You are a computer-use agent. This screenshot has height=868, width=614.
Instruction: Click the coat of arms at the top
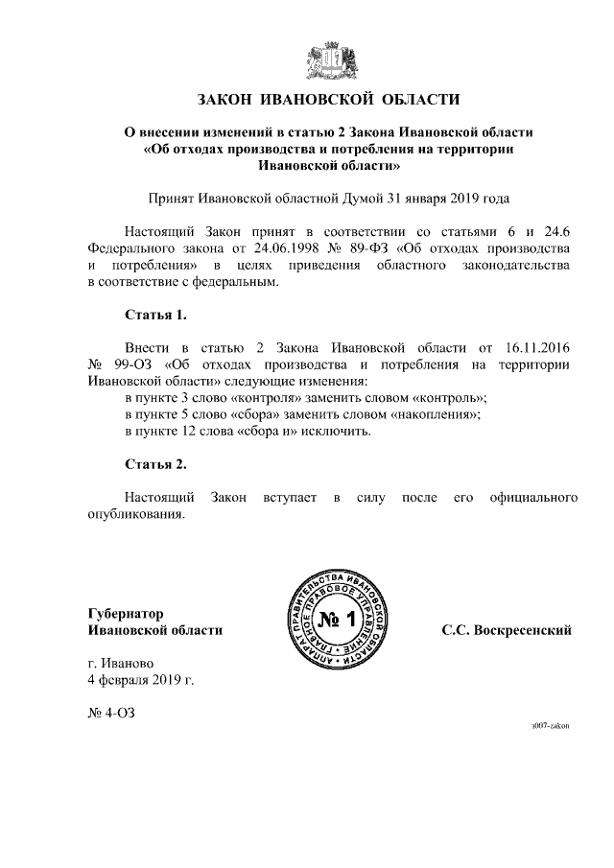pyautogui.click(x=331, y=59)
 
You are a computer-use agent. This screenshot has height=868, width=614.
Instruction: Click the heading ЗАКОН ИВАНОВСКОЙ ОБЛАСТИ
pyautogui.click(x=330, y=99)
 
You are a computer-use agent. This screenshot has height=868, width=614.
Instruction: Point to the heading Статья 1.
pyautogui.click(x=155, y=314)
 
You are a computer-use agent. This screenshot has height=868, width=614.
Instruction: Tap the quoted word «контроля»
pyautogui.click(x=262, y=397)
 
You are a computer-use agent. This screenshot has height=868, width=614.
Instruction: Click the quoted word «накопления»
pyautogui.click(x=437, y=414)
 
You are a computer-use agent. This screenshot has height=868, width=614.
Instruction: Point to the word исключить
pyautogui.click(x=338, y=431)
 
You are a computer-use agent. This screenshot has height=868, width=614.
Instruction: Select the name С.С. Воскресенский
pyautogui.click(x=507, y=630)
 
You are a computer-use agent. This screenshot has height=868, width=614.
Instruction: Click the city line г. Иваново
pyautogui.click(x=120, y=663)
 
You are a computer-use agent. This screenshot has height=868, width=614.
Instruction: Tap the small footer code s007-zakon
pyautogui.click(x=551, y=727)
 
